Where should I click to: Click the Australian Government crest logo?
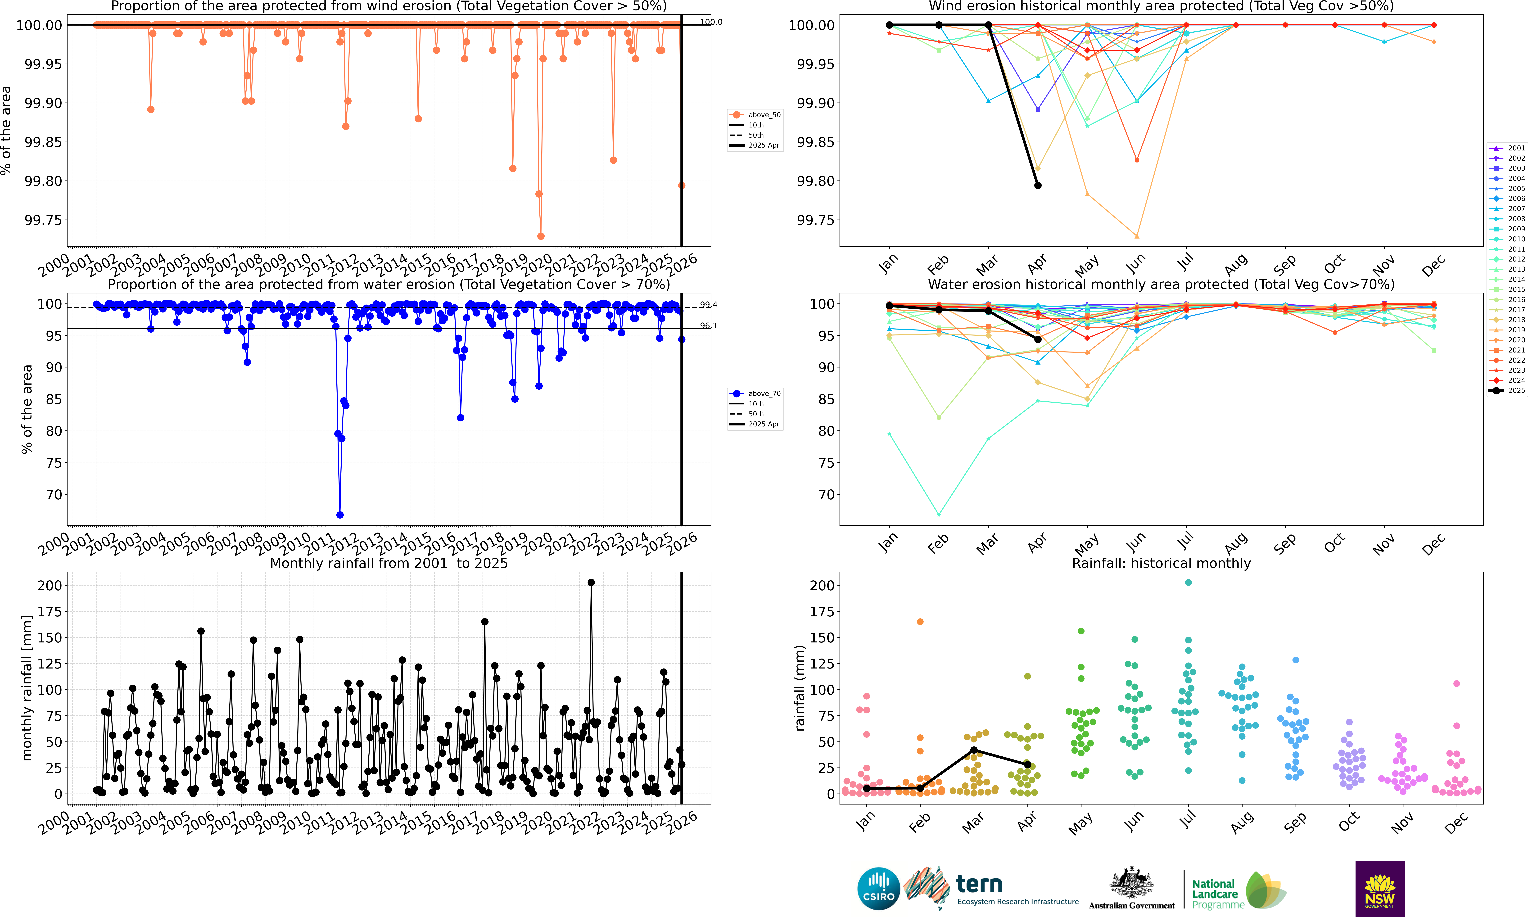(x=1131, y=888)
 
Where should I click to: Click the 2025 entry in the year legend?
(x=1506, y=391)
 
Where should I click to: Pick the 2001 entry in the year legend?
(x=1506, y=148)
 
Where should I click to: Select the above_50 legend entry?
(x=755, y=115)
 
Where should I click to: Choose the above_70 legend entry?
(x=755, y=394)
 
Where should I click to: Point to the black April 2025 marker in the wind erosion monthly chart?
(x=1038, y=185)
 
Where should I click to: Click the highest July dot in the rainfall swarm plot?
(x=1188, y=582)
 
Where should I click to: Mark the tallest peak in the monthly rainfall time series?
(x=591, y=582)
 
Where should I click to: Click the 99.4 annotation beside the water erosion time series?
(x=708, y=305)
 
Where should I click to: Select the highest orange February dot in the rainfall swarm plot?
(x=920, y=622)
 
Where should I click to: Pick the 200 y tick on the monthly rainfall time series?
(x=50, y=585)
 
